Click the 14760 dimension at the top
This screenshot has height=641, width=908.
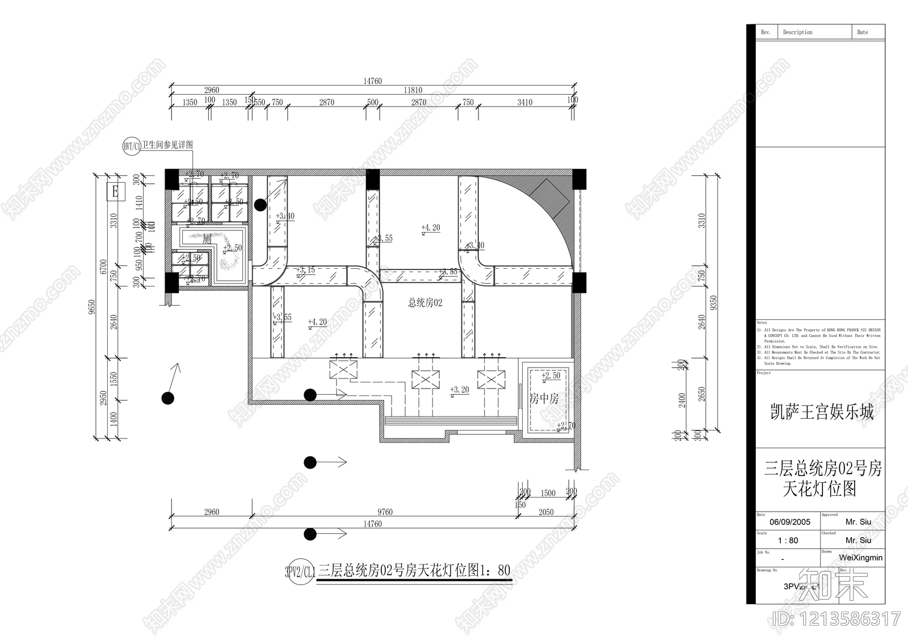372,81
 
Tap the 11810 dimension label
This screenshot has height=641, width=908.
413,90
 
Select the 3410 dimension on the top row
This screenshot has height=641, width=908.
524,102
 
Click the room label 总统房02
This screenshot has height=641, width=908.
425,303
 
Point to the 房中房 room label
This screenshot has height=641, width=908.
544,399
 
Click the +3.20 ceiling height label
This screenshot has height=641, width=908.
459,390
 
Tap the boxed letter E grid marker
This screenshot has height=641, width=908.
115,191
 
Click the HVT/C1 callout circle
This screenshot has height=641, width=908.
132,146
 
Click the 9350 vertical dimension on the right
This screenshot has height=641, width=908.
713,302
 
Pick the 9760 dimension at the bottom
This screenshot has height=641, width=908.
385,512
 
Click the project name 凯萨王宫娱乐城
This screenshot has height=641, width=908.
821,412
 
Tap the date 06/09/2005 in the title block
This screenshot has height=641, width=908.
789,522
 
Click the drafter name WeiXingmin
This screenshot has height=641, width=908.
861,558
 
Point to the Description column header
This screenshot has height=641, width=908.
797,32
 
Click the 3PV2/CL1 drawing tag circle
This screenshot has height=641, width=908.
300,571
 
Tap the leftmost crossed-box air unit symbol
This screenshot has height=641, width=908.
344,370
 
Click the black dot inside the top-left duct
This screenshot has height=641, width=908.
260,205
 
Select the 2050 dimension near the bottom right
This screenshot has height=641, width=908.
545,512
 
